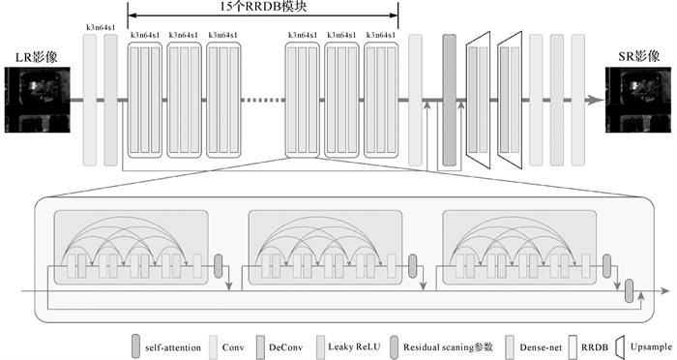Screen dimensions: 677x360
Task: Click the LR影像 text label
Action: coord(37,57)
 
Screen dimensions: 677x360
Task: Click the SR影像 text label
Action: coord(639,56)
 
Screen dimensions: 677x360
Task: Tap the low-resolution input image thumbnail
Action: coord(37,100)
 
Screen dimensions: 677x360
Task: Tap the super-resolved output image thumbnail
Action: coord(638,100)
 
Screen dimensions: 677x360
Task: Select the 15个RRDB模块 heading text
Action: coord(263,7)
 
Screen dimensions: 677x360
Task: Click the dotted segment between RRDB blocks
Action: coord(262,101)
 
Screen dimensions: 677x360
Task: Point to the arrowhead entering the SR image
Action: coord(597,101)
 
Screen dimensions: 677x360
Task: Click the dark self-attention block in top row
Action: coord(450,101)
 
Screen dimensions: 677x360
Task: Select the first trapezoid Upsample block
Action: coord(479,101)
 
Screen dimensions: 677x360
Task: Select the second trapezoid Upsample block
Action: coord(510,101)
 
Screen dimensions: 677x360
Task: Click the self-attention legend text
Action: coord(173,347)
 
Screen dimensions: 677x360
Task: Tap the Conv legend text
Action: coord(233,347)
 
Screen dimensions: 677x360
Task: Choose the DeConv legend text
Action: coord(286,347)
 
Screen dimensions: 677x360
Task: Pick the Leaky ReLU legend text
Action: coord(355,347)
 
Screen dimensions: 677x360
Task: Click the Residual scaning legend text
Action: coord(448,347)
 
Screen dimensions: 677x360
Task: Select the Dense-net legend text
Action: coord(541,347)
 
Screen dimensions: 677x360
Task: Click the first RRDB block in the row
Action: coord(145,100)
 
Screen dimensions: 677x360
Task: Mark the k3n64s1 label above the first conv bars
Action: coord(101,27)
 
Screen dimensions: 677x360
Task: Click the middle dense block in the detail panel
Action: coord(326,248)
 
